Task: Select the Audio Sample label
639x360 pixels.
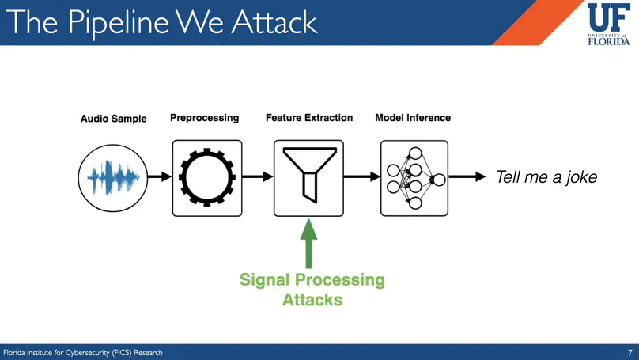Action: (x=113, y=119)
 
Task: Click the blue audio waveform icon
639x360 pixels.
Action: (x=113, y=178)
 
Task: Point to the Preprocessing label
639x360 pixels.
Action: (x=204, y=118)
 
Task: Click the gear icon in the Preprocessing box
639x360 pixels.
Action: (x=207, y=178)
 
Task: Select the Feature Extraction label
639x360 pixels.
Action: (x=308, y=118)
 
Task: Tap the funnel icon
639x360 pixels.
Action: (x=308, y=178)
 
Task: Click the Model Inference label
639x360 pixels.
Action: (x=413, y=118)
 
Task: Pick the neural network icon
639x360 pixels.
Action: (x=414, y=178)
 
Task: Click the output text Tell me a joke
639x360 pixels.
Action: (x=546, y=178)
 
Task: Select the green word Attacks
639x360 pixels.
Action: (x=312, y=300)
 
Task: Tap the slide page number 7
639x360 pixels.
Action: (x=629, y=352)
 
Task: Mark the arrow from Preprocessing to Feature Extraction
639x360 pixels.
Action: (x=258, y=178)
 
